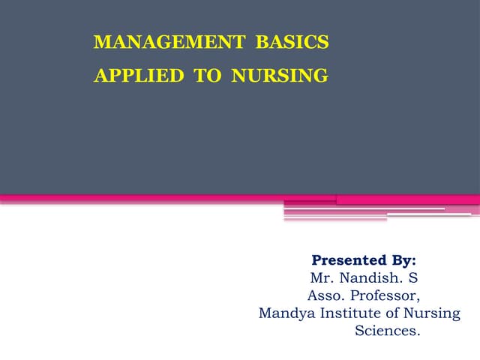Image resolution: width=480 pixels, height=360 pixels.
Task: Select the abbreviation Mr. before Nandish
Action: coord(322,278)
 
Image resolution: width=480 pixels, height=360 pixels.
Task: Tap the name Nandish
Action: coord(369,278)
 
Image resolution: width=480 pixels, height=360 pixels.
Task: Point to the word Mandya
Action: coord(283,313)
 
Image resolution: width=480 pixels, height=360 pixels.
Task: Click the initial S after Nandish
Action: coord(413,278)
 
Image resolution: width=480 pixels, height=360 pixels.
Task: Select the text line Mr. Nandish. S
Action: coord(364,278)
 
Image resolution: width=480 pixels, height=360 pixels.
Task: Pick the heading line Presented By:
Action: coord(364,261)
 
